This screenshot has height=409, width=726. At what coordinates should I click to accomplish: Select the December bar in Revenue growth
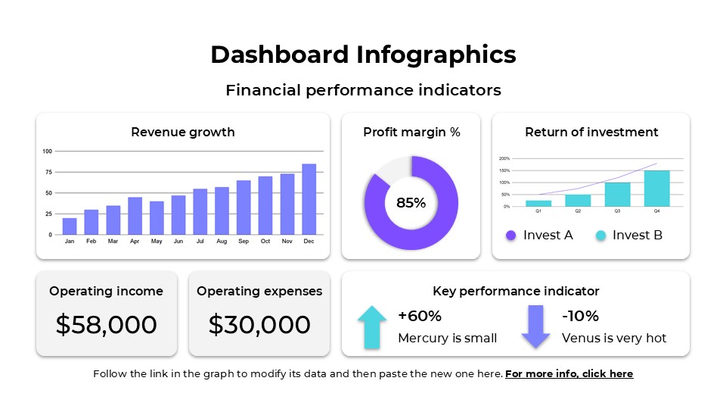(309, 199)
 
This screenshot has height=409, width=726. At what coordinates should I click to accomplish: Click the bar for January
(70, 226)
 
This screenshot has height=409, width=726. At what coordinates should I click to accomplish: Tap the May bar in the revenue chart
(157, 218)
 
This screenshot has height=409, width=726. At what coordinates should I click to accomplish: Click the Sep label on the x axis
(244, 242)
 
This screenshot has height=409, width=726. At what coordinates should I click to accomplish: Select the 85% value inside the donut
(411, 203)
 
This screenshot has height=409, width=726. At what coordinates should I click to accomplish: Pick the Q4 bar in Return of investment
(656, 189)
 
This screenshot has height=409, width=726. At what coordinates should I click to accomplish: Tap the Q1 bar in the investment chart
(538, 203)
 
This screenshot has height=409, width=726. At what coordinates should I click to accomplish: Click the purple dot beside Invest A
(510, 236)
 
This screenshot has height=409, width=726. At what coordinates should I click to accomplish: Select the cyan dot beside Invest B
(600, 236)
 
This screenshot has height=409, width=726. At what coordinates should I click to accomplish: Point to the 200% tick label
(504, 158)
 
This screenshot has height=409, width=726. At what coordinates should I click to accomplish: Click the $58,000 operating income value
(107, 325)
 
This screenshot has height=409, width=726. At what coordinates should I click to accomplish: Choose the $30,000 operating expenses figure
(259, 325)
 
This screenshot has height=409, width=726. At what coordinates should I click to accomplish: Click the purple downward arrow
(535, 326)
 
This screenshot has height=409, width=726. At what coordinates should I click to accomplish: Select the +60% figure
(420, 316)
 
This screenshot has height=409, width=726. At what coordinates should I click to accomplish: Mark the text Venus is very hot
(614, 339)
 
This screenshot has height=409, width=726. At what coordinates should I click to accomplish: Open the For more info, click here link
(569, 373)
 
